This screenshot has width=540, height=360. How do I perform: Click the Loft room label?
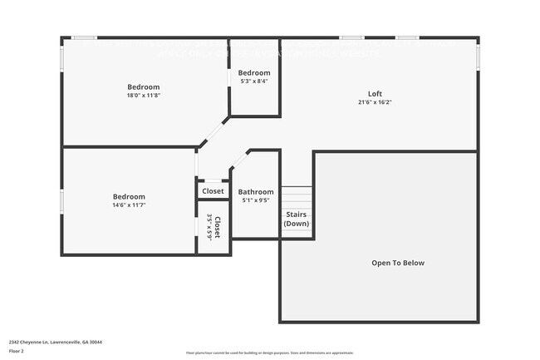click(x=376, y=93)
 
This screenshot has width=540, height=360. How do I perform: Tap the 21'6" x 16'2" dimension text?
click(x=376, y=102)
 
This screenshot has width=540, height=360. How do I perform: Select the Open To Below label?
click(x=397, y=263)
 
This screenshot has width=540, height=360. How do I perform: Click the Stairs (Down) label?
click(x=297, y=219)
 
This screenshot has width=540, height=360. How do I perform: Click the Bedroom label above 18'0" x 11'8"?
click(x=143, y=86)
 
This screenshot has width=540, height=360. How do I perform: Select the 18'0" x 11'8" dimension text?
click(x=143, y=96)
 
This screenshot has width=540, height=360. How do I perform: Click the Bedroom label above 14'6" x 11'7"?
click(x=129, y=196)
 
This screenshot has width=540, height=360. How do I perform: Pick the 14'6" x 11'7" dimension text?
click(x=129, y=205)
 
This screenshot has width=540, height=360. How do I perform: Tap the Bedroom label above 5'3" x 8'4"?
click(x=254, y=73)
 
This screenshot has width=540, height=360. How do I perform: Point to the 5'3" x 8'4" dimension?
click(x=254, y=81)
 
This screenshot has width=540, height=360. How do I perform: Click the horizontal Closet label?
click(x=213, y=191)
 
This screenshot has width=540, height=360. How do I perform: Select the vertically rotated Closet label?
click(x=217, y=228)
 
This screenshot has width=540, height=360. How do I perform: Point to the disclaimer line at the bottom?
click(x=269, y=353)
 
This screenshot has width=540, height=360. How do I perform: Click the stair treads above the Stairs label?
click(x=297, y=198)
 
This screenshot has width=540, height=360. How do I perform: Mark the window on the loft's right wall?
click(x=479, y=55)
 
